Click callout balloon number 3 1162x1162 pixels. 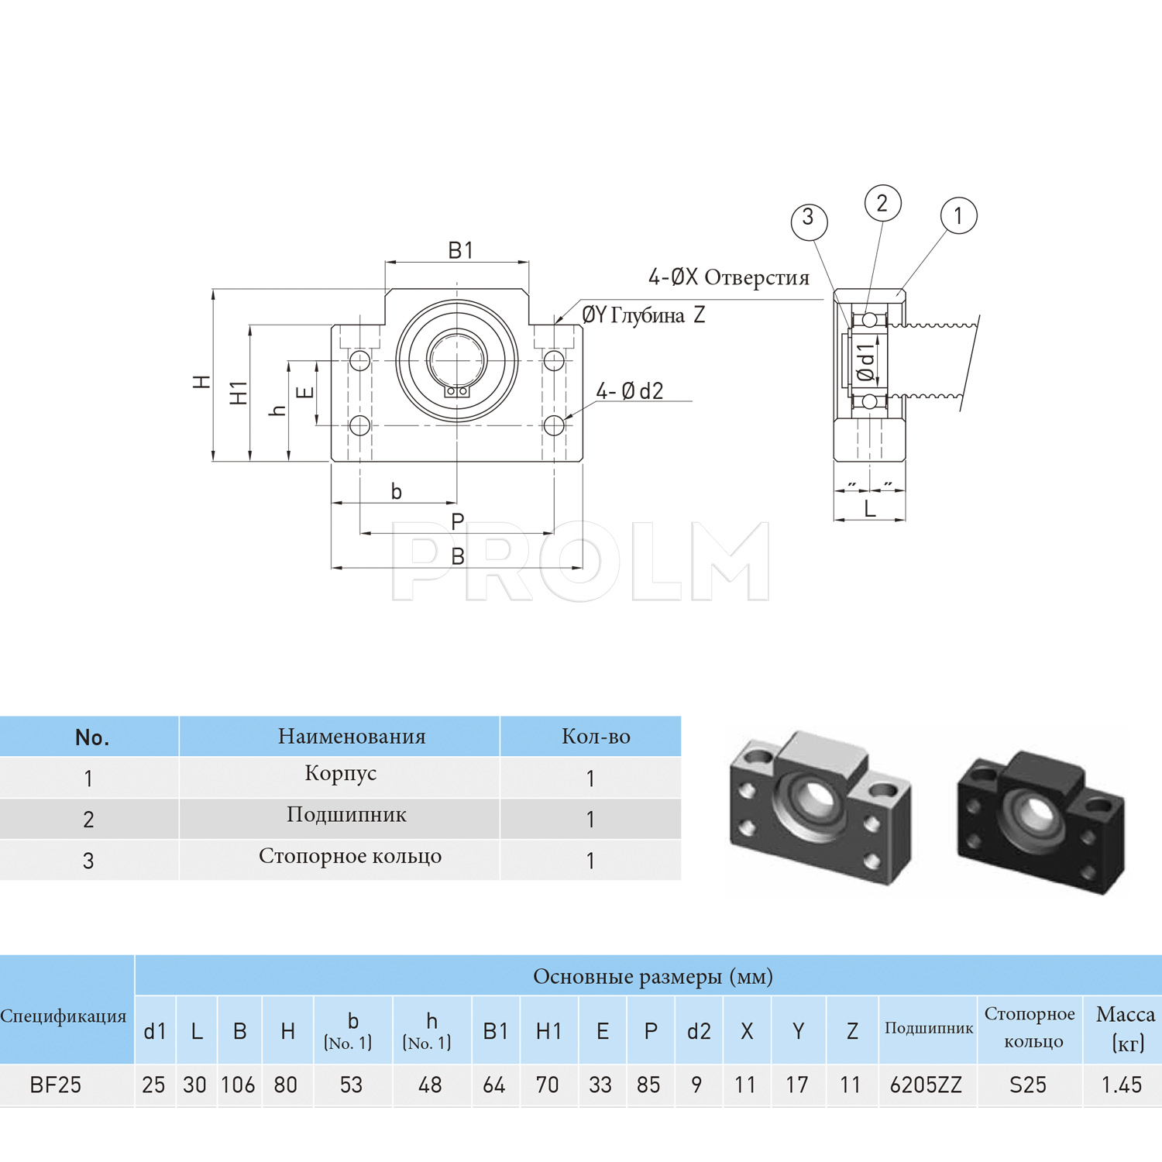pos(809,221)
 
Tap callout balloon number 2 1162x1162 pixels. pos(882,203)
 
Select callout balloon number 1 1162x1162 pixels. pos(958,215)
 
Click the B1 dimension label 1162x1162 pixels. pos(460,250)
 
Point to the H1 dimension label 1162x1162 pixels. pos(239,393)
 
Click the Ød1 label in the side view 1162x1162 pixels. pos(866,363)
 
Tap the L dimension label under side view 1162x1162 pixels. pos(870,509)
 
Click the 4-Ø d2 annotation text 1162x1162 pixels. pos(630,391)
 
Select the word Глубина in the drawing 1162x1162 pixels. pos(648,315)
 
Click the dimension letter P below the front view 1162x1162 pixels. pos(458,521)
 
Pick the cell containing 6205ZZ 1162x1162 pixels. pos(926,1085)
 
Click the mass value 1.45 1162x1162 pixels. pos(1122,1085)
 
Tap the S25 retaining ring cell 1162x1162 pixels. pos(1028,1085)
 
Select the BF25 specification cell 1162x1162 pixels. pos(56,1085)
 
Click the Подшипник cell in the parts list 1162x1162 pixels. pos(346,815)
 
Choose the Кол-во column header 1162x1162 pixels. pos(596,736)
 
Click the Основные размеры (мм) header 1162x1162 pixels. pos(652,976)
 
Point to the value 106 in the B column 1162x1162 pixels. pos(238,1085)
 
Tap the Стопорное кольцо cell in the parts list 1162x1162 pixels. pos(350,856)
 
